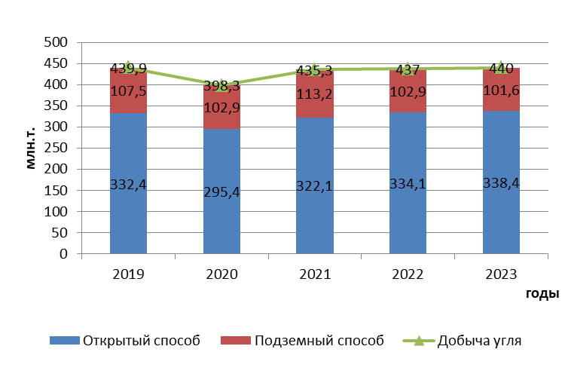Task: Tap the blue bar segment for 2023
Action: tap(501, 219)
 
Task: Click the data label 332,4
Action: tap(128, 184)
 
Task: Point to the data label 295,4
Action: tap(221, 192)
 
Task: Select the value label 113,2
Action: tap(315, 95)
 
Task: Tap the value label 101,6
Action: tap(501, 92)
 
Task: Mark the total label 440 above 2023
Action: tap(501, 69)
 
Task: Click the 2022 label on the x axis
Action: tap(408, 274)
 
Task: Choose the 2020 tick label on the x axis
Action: tap(221, 274)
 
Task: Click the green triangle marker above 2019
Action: tap(128, 66)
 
